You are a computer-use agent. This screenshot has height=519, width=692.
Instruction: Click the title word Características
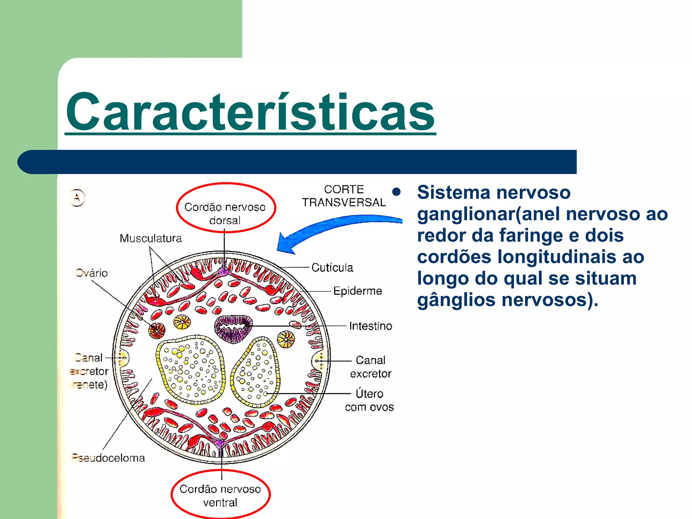coord(250,112)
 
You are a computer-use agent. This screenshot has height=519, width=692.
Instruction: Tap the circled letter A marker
coord(77,198)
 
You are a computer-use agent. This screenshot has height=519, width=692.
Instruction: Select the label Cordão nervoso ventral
coord(220,495)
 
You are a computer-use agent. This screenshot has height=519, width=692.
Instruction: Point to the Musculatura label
coord(151,238)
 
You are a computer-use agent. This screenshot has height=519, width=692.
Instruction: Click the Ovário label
coord(92,273)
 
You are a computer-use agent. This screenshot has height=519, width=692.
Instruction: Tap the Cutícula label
coord(332,268)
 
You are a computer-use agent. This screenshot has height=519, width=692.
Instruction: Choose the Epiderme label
coord(357,291)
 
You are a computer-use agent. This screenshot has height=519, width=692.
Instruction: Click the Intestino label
coord(370,326)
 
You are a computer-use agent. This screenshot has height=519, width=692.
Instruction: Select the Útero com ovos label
coord(369,400)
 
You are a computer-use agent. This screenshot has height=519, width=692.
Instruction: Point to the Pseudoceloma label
coord(108,458)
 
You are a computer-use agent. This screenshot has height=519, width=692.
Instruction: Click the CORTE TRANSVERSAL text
coord(344,196)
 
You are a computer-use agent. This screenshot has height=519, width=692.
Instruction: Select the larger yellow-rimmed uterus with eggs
coord(191,369)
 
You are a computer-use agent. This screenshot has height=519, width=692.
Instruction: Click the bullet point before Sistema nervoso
coord(397,192)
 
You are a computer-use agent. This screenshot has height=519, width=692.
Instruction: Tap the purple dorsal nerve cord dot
coord(223,271)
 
